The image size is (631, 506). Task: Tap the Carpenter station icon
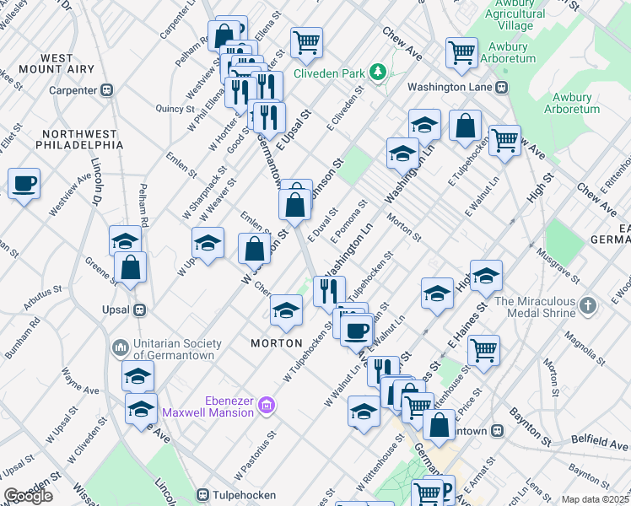click(x=107, y=90)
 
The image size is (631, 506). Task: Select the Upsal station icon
click(x=141, y=310)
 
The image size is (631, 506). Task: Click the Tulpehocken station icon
click(x=202, y=494)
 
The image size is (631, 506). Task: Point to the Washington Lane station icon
click(x=503, y=87)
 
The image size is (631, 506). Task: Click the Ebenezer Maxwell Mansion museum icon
click(x=267, y=406)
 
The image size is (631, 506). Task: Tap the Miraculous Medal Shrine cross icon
click(x=589, y=302)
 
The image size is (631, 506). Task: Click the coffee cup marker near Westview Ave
click(x=24, y=184)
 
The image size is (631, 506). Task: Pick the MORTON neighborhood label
click(x=277, y=343)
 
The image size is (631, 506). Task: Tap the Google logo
click(x=28, y=496)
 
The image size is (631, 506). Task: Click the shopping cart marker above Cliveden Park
click(x=306, y=41)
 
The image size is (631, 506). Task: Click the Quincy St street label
click(x=175, y=109)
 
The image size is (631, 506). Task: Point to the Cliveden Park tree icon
click(x=379, y=73)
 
